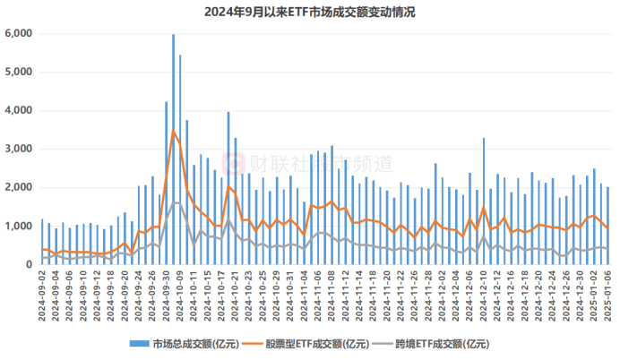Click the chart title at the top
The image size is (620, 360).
[x=310, y=12]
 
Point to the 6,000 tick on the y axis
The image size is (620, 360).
[x=18, y=33]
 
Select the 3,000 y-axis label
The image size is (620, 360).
[x=18, y=149]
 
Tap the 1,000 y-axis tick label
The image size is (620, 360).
[x=18, y=226]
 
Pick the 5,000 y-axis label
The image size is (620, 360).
[x=18, y=72]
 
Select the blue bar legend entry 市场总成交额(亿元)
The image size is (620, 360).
[x=179, y=343]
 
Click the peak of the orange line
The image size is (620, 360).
[x=173, y=131]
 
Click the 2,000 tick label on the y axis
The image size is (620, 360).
[x=18, y=187]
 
